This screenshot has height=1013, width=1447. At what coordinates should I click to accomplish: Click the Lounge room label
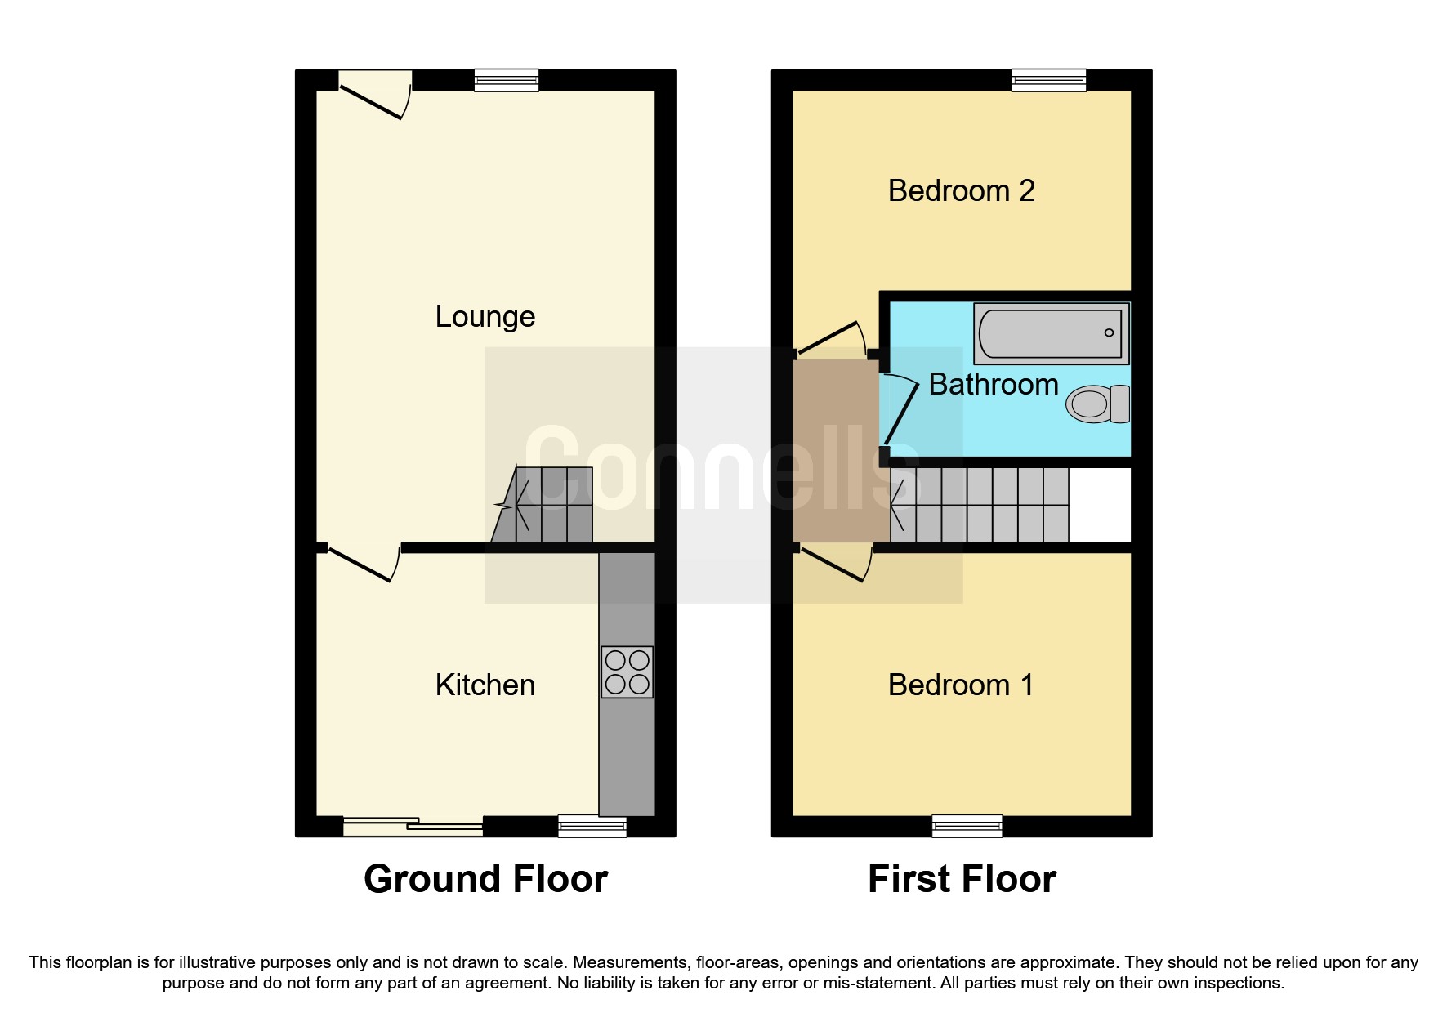coord(485,316)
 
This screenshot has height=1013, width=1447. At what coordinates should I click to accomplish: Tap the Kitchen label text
coord(485,685)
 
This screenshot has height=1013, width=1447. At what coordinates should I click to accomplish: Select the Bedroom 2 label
coord(961,190)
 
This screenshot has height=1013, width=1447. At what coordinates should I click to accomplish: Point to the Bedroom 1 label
coord(961,685)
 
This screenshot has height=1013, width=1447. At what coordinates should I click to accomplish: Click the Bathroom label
coord(994,384)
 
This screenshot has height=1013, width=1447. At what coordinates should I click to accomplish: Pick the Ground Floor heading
coord(485,879)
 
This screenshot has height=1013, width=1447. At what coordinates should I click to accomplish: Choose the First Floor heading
coord(962,879)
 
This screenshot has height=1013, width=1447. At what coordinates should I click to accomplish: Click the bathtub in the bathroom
coord(1051,332)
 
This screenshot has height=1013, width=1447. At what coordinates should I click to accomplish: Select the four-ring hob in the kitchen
coord(627,672)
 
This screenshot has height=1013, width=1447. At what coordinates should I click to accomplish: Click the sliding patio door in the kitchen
coord(413,827)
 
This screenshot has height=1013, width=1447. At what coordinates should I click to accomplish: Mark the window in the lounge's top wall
coord(507,79)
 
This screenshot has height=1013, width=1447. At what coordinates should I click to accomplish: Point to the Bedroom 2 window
coord(1048,79)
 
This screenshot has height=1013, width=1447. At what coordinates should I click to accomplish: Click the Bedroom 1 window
coord(967,826)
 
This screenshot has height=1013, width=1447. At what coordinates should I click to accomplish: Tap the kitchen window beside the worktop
coord(592,826)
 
